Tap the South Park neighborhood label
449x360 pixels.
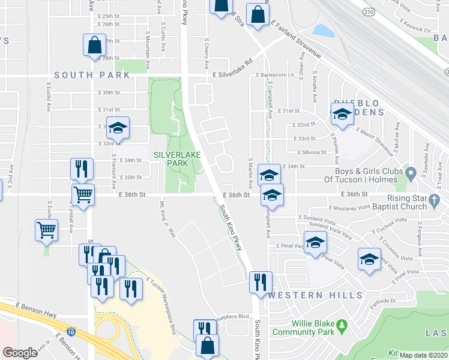(x=91, y=75)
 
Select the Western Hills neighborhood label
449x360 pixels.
(x=316, y=295)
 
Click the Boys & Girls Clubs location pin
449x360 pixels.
(x=411, y=175)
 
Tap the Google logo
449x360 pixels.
(x=20, y=353)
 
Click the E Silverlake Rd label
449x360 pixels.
(x=233, y=76)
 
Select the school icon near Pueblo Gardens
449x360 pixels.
(x=342, y=114)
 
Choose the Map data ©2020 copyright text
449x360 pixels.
(x=423, y=355)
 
